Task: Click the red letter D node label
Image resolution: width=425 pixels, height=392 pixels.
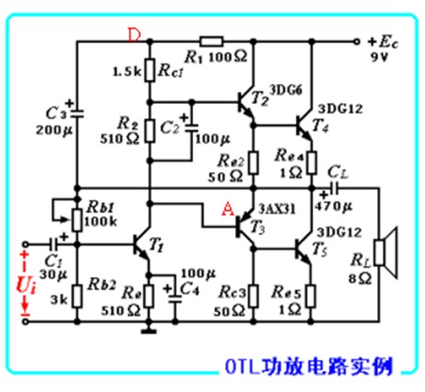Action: tap(135, 34)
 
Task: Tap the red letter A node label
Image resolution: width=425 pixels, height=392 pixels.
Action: tap(226, 208)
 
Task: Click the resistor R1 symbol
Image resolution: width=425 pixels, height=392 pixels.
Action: tap(209, 40)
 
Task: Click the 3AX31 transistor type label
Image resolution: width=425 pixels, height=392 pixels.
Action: tap(278, 207)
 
